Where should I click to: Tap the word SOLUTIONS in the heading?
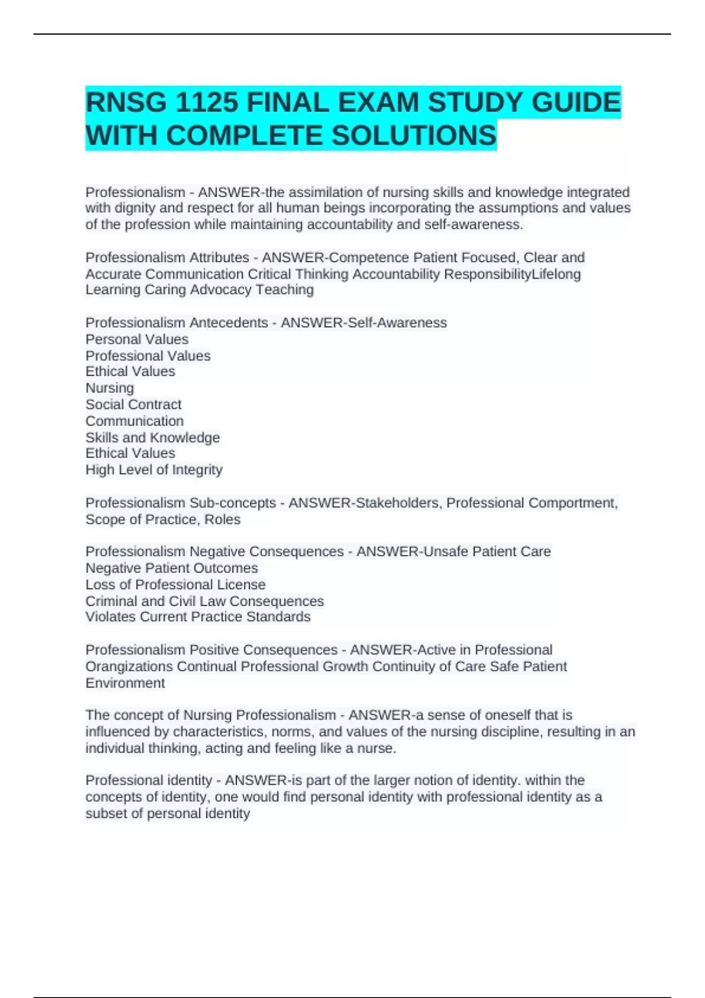coord(414,136)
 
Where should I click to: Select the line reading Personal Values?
coord(137,339)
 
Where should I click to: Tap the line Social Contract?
coord(133,404)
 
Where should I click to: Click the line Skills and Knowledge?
coord(153,437)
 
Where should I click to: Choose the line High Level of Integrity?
coord(154,470)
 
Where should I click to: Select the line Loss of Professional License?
coord(176,585)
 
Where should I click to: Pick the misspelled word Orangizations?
coord(129,667)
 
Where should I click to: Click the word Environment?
coord(125,683)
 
